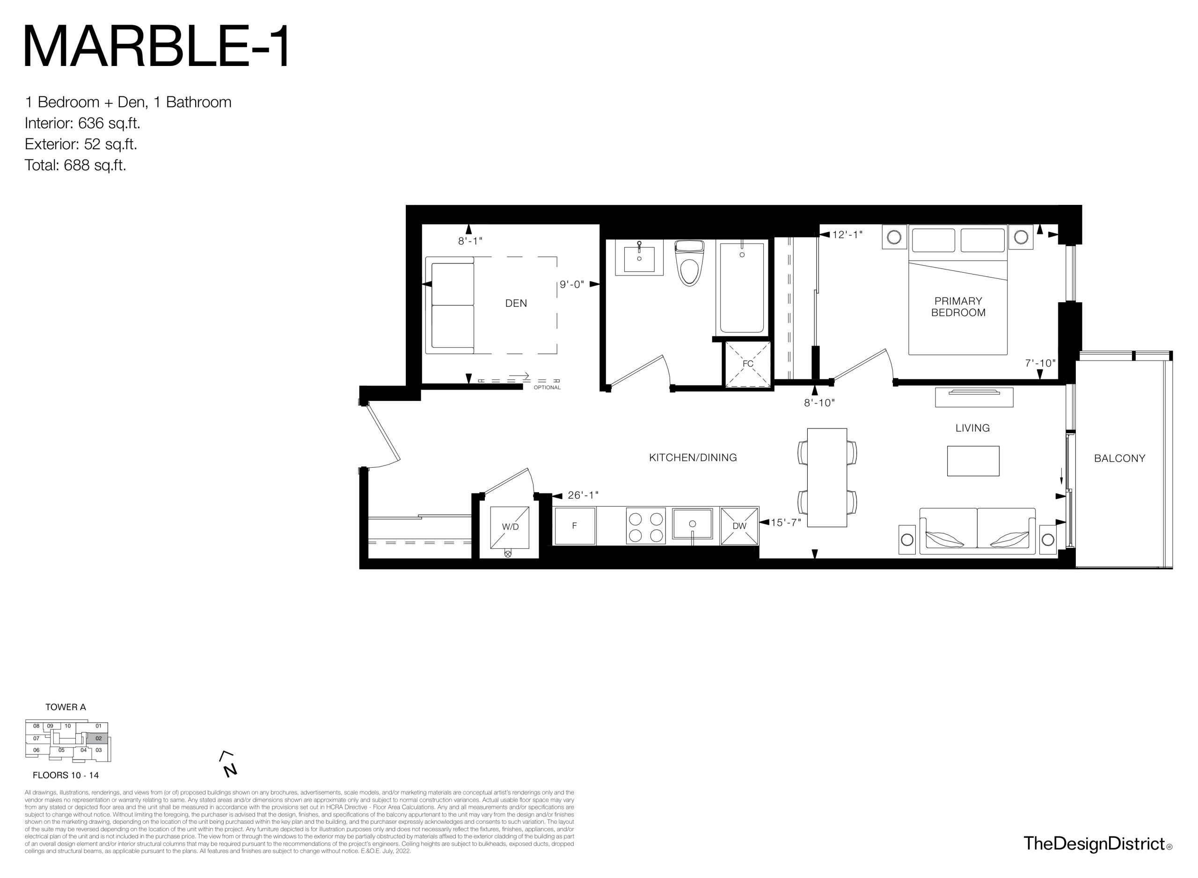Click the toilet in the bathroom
(689, 262)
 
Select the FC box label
(748, 364)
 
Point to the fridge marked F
(574, 526)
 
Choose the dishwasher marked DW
(739, 526)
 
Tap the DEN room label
(516, 304)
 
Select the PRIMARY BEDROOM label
(958, 307)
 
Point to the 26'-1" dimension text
(583, 495)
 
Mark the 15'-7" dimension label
(785, 522)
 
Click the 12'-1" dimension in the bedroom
(847, 234)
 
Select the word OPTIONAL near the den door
(547, 387)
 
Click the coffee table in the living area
(972, 461)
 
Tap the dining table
(827, 477)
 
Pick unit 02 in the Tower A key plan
(98, 738)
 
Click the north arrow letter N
(230, 769)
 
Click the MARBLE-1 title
(157, 47)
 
